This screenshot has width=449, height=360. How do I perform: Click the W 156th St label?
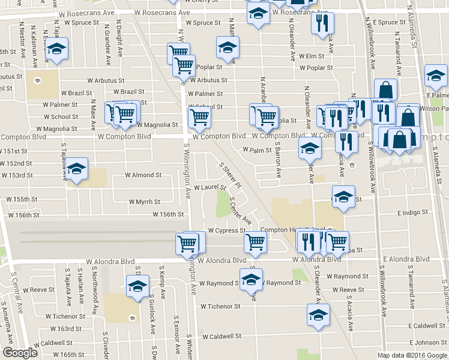(167, 214)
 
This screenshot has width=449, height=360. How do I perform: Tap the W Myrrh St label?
(144, 202)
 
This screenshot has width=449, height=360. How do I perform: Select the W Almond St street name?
(143, 175)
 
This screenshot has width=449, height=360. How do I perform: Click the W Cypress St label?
(227, 230)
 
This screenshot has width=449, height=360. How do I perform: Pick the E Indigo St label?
(412, 212)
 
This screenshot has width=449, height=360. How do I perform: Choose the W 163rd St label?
(65, 329)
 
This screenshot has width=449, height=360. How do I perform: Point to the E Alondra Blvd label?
(406, 259)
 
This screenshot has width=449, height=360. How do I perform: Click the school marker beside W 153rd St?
(76, 170)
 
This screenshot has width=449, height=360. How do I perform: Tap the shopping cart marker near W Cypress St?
(256, 242)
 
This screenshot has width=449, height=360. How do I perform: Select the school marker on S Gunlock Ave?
(137, 287)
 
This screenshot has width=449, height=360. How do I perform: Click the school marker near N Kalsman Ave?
(57, 50)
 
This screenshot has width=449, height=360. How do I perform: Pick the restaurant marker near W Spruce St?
(322, 23)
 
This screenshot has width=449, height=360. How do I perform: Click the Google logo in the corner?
(20, 353)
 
